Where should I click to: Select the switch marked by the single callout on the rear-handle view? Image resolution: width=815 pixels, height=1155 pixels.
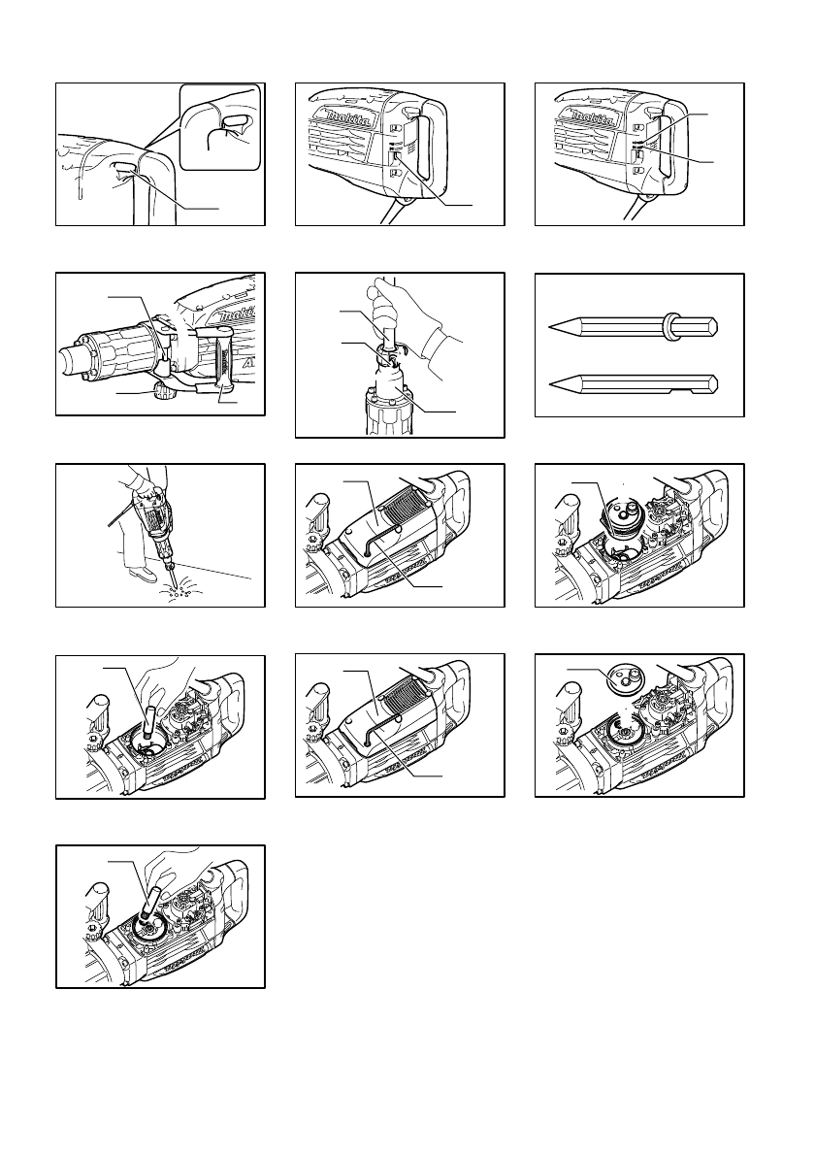point(396,154)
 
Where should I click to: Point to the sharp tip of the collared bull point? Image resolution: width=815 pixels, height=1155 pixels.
point(552,327)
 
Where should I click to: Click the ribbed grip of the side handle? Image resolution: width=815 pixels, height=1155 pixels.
point(225,364)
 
